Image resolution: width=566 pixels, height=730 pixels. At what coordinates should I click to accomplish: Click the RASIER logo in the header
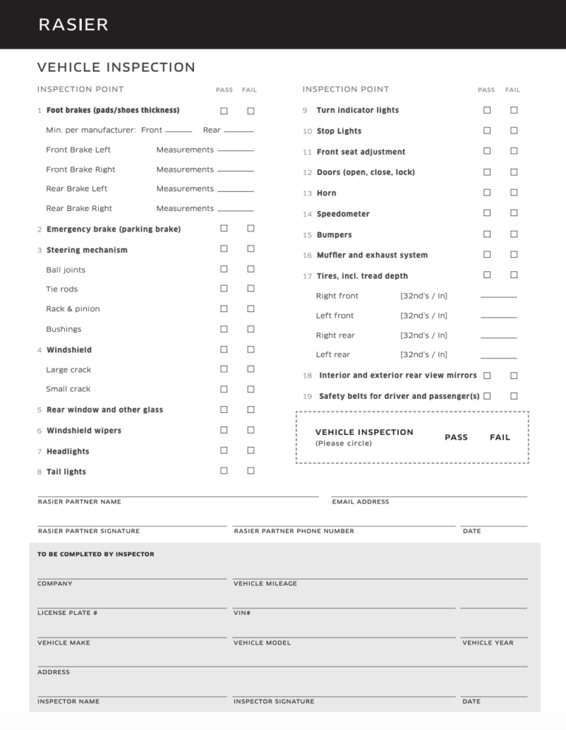(x=74, y=24)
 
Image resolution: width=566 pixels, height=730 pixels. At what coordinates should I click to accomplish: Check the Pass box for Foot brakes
(x=224, y=111)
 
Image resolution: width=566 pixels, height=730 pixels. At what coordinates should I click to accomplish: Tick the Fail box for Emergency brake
(x=251, y=229)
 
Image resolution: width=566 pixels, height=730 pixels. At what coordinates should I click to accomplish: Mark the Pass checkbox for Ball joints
(x=224, y=269)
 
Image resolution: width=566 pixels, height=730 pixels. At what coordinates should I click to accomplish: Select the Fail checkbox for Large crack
(x=251, y=369)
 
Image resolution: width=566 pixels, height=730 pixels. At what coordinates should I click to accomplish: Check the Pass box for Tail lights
(x=224, y=470)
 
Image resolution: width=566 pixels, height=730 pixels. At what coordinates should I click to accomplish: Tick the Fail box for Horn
(x=514, y=192)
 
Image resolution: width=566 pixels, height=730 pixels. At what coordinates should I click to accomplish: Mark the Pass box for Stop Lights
(x=487, y=131)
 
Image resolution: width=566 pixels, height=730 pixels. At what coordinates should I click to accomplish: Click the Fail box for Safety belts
(x=514, y=396)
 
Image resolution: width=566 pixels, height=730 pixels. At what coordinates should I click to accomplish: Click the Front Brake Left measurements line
(x=236, y=150)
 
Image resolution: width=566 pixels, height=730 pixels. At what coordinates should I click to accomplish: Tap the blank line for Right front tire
(x=498, y=296)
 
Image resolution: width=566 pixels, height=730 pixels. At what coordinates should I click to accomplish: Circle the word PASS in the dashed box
(x=456, y=437)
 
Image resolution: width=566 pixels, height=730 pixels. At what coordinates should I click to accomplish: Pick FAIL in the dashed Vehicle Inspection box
(x=500, y=437)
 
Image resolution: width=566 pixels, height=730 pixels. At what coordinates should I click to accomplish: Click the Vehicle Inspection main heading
(x=116, y=68)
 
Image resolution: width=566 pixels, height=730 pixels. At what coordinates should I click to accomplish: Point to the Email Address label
(x=360, y=502)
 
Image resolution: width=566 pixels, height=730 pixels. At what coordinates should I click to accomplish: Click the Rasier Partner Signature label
(x=88, y=531)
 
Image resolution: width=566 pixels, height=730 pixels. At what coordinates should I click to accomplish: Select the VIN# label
(x=242, y=613)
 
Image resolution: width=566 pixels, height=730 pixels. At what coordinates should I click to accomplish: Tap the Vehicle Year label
(x=488, y=643)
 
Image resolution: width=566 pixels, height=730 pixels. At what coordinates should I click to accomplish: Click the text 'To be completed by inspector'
(x=96, y=554)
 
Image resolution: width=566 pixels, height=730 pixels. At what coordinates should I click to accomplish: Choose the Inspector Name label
(x=69, y=701)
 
